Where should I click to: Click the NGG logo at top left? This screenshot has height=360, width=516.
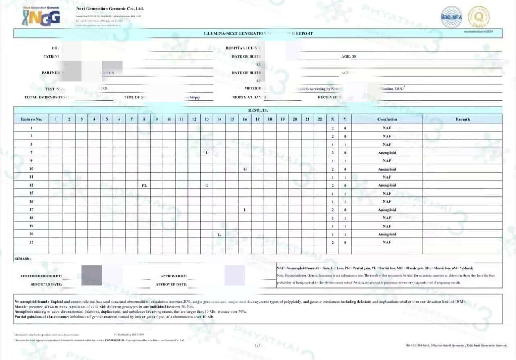coord(41,17)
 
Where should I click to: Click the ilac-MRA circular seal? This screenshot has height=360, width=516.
coord(451,17)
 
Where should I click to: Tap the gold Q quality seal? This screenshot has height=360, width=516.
coord(479,17)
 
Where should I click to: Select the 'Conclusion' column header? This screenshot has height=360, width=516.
coord(387,119)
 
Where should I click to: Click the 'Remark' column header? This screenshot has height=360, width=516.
coord(462,119)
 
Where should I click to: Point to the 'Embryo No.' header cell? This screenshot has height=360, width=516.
coord(31,119)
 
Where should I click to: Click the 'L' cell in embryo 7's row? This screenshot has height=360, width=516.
coord(207,153)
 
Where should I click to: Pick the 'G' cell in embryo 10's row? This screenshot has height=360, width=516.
coord(245,169)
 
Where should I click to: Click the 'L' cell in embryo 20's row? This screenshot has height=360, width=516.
coord(219,234)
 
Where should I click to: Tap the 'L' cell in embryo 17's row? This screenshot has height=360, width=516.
coord(245,210)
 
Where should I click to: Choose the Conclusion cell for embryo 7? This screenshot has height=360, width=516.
coord(387,153)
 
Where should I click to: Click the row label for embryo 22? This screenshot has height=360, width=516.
coord(31,242)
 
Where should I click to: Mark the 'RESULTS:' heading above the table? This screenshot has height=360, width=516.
coord(258,110)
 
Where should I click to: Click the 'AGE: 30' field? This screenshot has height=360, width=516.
coord(348,56)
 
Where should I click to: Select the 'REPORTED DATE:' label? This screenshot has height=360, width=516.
coord(46,284)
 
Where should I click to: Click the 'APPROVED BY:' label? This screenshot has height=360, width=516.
coord(174,276)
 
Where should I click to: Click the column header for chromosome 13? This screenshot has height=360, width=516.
coord(207,119)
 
